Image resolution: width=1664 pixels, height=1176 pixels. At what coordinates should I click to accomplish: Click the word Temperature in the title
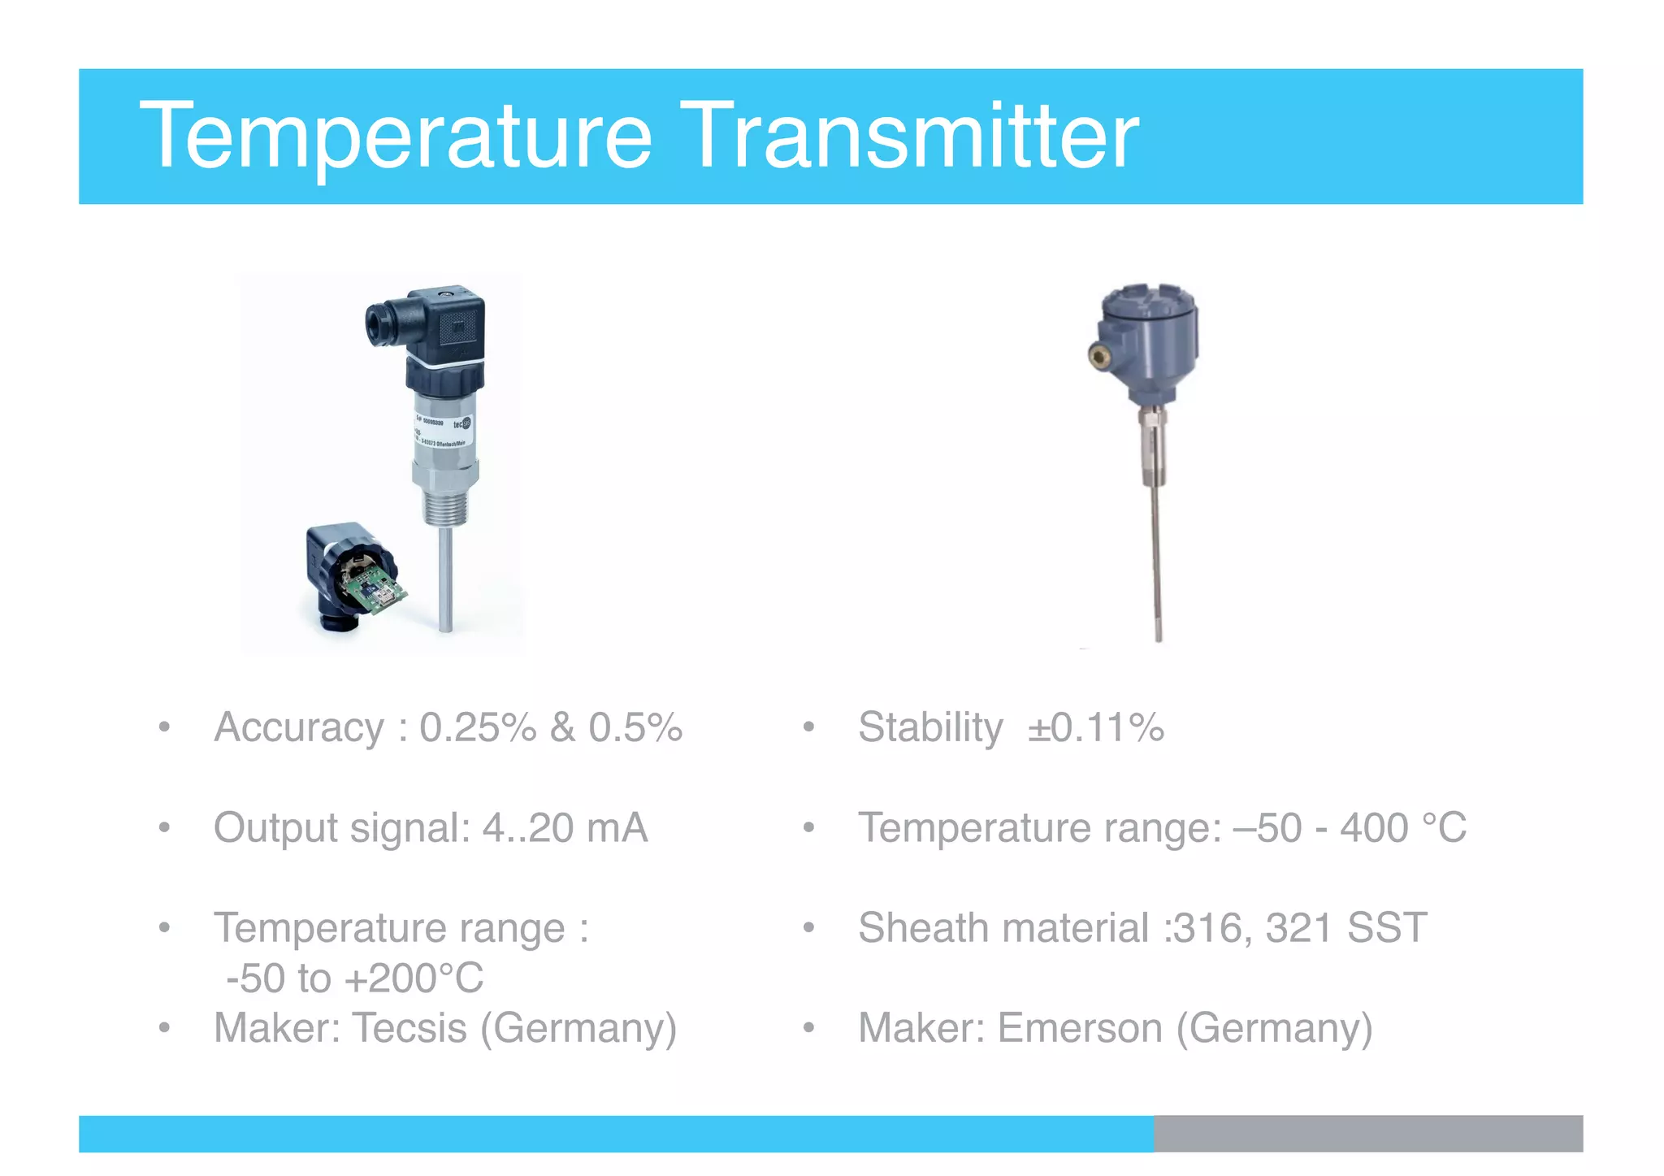coord(396,137)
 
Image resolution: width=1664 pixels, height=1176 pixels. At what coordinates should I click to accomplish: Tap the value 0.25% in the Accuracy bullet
coord(478,727)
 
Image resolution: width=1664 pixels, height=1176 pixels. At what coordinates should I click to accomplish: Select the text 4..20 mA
coord(565,828)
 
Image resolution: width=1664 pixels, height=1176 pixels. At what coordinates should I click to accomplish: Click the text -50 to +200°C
coord(354,978)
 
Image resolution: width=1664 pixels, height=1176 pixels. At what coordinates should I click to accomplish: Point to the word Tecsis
coord(409,1028)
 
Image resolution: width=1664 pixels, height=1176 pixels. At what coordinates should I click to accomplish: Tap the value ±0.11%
coord(1095,727)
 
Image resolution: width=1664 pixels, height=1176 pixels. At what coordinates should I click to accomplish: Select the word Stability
coord(930,727)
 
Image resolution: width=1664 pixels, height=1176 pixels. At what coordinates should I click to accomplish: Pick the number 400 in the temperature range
coord(1374,828)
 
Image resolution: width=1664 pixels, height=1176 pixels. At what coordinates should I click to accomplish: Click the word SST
coord(1386,928)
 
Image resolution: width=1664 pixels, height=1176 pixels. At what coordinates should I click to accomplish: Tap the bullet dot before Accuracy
coord(164,727)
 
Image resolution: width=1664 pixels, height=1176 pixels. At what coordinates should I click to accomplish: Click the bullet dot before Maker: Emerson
coord(808,1028)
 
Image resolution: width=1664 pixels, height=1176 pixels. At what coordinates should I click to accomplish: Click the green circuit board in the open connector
coord(371,587)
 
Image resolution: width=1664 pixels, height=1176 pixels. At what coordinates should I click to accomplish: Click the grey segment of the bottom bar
coord(1367,1134)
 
